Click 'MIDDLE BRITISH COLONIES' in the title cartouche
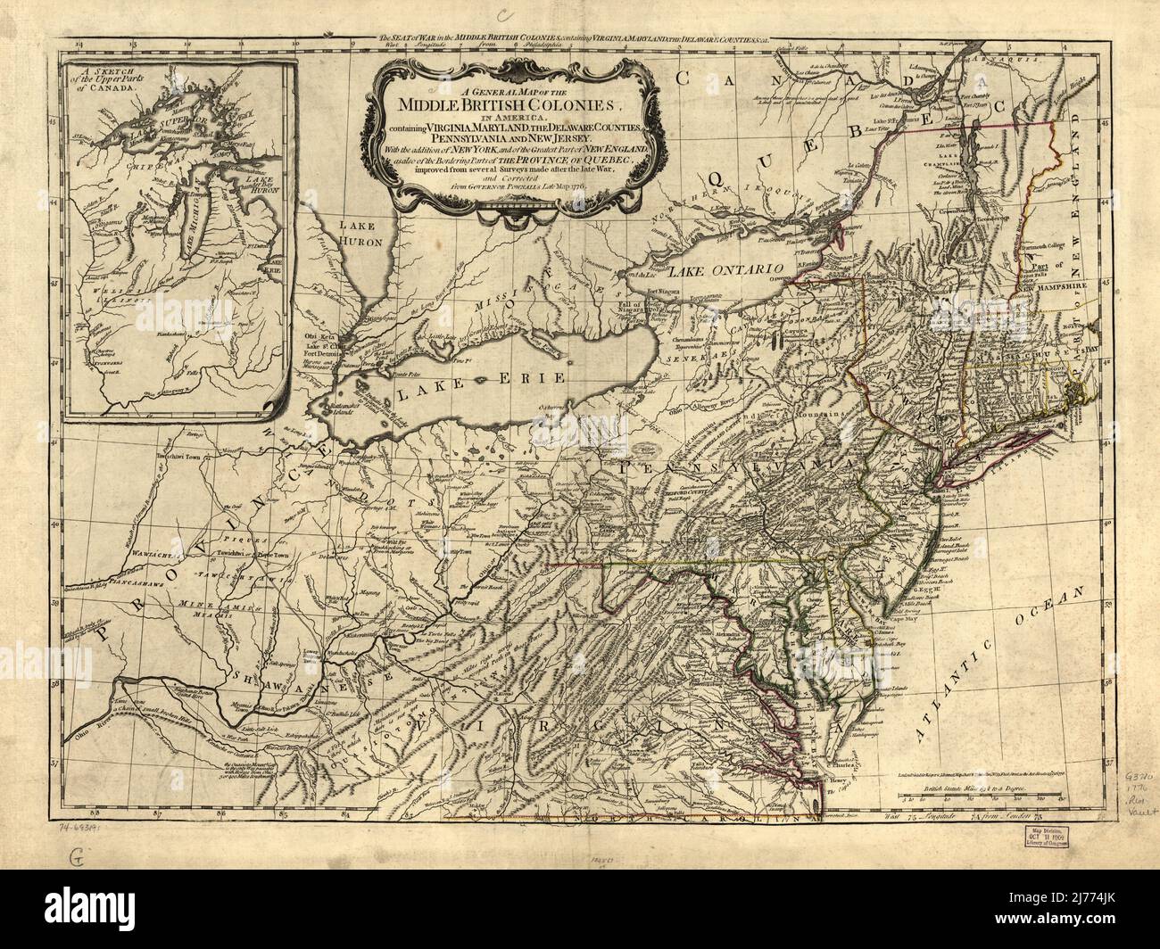(x=510, y=103)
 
